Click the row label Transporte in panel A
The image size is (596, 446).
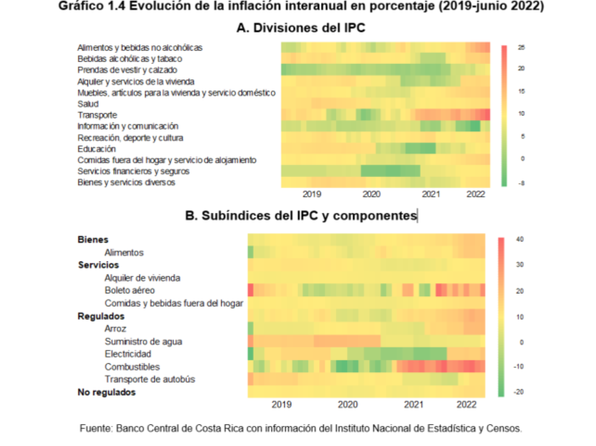point(97,115)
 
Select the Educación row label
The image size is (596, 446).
point(97,149)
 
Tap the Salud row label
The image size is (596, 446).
point(88,103)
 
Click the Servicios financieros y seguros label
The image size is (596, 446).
point(134,171)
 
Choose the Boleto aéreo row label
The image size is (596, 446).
point(130,290)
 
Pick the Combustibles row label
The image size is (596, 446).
point(132,367)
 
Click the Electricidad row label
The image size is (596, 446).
point(128,354)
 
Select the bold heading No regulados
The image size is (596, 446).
point(107,392)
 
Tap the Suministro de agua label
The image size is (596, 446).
point(143,341)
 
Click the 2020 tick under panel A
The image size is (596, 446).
point(372,194)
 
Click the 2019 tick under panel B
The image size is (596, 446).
point(282,405)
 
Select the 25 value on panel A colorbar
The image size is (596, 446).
point(521,48)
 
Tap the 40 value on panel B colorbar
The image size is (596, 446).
point(520,240)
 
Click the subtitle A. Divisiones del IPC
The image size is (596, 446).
point(301,28)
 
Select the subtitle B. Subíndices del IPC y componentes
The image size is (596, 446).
point(301,216)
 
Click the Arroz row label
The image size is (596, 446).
point(115,329)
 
